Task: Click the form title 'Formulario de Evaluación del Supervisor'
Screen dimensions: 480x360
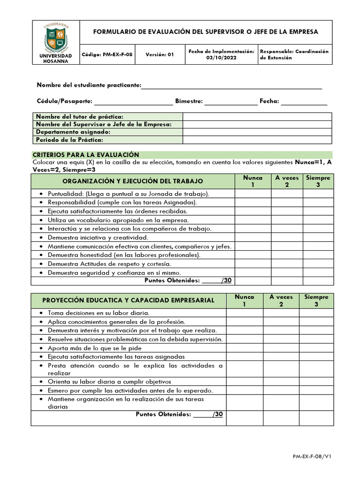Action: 205,32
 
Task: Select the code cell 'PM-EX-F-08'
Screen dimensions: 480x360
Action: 107,54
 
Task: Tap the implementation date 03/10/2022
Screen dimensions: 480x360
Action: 221,58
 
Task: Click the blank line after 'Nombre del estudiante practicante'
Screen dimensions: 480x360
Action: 232,86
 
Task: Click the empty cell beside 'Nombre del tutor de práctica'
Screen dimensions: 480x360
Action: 257,117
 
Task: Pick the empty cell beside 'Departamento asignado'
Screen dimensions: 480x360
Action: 257,132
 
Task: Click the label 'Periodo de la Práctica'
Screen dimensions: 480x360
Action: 69,140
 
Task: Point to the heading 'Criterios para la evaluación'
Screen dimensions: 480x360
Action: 86,155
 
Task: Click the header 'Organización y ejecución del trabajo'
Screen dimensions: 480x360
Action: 133,181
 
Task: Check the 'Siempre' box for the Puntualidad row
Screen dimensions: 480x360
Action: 318,194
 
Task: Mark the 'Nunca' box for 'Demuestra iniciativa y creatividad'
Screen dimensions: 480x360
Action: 253,238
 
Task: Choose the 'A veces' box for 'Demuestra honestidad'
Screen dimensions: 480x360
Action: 286,255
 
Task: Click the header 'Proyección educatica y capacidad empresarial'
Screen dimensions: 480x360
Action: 128,300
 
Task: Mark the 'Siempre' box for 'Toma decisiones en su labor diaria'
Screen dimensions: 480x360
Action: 316,313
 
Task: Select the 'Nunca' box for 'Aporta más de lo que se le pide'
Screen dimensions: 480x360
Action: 244,348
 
